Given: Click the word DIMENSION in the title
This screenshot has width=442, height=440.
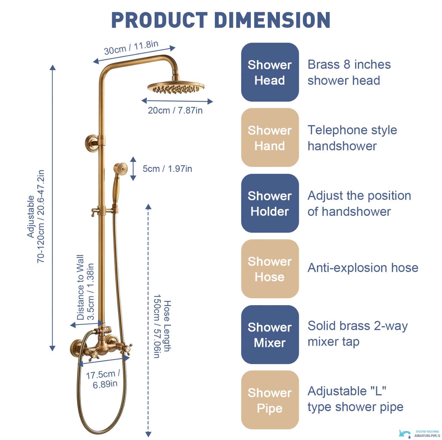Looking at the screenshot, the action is (273, 20).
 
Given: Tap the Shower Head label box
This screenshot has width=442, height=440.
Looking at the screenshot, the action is (270, 72).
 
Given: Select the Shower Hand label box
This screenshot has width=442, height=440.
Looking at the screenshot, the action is (270, 137).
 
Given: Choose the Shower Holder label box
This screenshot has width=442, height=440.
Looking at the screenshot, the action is (270, 203).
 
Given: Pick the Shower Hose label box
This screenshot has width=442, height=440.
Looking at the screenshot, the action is (270, 269).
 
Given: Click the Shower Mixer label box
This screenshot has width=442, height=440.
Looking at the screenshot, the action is (270, 335).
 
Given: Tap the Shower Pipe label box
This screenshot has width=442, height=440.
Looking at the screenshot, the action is (270, 400).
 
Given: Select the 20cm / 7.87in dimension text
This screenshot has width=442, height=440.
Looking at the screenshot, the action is (175, 111).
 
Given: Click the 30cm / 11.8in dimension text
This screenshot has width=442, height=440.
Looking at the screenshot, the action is (131, 47).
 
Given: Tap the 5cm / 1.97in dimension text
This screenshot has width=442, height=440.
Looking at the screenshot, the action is (167, 169).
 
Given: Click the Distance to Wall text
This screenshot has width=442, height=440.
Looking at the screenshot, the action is (80, 287).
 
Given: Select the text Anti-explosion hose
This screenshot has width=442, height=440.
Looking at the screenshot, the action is (363, 268).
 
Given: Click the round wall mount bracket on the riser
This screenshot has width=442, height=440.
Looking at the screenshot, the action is (91, 142).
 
